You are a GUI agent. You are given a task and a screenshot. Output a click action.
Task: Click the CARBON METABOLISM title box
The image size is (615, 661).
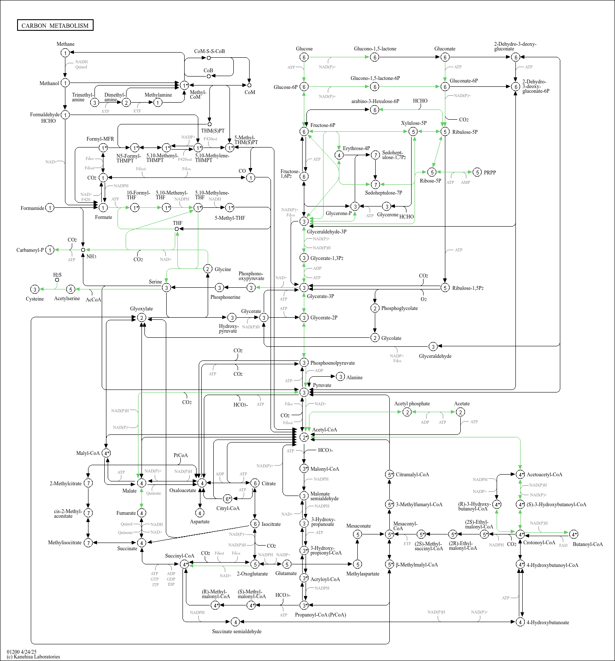coord(55,25)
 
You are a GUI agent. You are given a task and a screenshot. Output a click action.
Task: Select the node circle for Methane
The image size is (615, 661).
coord(65,53)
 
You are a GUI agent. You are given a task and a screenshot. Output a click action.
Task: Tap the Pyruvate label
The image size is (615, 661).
coord(322,385)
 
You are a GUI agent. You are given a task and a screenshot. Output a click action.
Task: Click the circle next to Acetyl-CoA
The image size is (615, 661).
coord(304,437)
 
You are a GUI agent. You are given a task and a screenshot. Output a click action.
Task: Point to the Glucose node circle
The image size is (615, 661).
coord(304,57)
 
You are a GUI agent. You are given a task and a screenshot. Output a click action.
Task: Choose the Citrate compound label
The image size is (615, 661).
coord(268,484)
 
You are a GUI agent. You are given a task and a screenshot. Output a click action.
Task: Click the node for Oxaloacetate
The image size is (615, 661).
coord(202,483)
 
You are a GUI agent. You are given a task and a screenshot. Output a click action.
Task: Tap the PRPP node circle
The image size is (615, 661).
coord(477,172)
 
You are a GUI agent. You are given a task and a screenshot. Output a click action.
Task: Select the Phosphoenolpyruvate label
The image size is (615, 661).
coord(333,363)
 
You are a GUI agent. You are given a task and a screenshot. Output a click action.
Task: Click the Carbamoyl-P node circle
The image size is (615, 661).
coord(50,250)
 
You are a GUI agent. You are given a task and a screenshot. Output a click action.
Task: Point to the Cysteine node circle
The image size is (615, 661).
coord(35,289)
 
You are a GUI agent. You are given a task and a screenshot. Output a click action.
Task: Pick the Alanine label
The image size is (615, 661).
coord(354,378)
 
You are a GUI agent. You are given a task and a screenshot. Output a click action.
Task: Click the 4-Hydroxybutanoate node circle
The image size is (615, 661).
coord(520,622)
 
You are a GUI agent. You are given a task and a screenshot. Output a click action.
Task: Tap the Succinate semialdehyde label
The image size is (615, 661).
coord(237,631)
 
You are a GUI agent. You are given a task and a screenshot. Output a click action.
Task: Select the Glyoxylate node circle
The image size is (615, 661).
coord(141,318)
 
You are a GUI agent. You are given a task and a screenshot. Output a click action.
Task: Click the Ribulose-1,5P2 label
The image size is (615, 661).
coord(468,288)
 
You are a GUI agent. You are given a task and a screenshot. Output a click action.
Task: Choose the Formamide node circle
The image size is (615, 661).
coord(50,208)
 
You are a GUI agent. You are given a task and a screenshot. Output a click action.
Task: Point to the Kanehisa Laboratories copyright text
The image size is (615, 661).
coord(33,657)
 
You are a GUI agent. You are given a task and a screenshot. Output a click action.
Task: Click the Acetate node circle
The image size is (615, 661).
coord(460,412)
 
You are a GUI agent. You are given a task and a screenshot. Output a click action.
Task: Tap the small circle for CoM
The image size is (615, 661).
coord(249,85)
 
